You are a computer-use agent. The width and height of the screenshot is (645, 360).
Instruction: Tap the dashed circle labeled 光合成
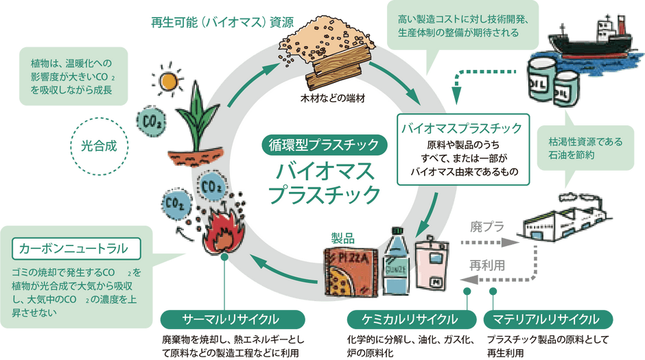pos(99,119)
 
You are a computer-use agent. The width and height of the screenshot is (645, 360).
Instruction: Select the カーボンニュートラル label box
pos(76,249)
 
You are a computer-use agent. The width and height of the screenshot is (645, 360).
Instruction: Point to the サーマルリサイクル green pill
pos(233,320)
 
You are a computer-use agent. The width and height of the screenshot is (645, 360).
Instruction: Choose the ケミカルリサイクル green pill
pos(411,320)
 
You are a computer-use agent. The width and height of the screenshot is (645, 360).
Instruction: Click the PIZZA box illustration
pos(351,272)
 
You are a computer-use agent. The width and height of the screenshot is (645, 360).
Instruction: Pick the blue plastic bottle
pos(396,261)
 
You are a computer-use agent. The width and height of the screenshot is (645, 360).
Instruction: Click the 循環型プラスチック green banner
pos(324,145)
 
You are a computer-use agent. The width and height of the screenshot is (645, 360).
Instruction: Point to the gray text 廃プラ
pos(487,226)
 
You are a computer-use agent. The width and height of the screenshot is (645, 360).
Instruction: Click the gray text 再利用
pos(487,265)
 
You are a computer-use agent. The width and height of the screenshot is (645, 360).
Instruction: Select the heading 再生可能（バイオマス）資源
pos(222,22)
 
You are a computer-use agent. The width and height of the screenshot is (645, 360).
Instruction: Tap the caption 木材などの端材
pos(333,99)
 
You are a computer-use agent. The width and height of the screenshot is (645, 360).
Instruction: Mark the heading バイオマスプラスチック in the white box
pos(462,128)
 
